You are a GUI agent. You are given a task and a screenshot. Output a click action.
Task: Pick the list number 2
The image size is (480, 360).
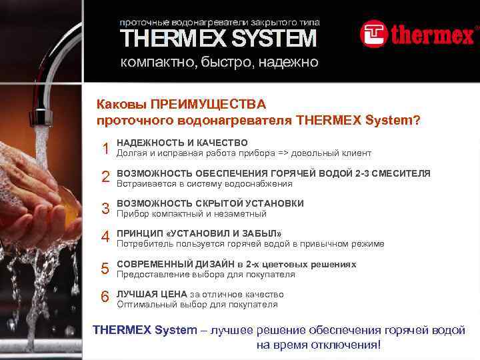[105, 177]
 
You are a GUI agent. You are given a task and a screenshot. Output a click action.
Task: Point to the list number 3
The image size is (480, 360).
[105, 209]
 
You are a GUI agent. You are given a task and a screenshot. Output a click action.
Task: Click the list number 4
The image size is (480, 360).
[105, 238]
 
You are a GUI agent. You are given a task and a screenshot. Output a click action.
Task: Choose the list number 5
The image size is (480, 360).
[105, 269]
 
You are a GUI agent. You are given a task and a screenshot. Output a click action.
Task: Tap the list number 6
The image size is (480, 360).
[105, 297]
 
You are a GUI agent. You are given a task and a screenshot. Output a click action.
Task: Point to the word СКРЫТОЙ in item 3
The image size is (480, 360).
[221, 203]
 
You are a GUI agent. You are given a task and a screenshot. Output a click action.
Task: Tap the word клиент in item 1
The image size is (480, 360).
[357, 153]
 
